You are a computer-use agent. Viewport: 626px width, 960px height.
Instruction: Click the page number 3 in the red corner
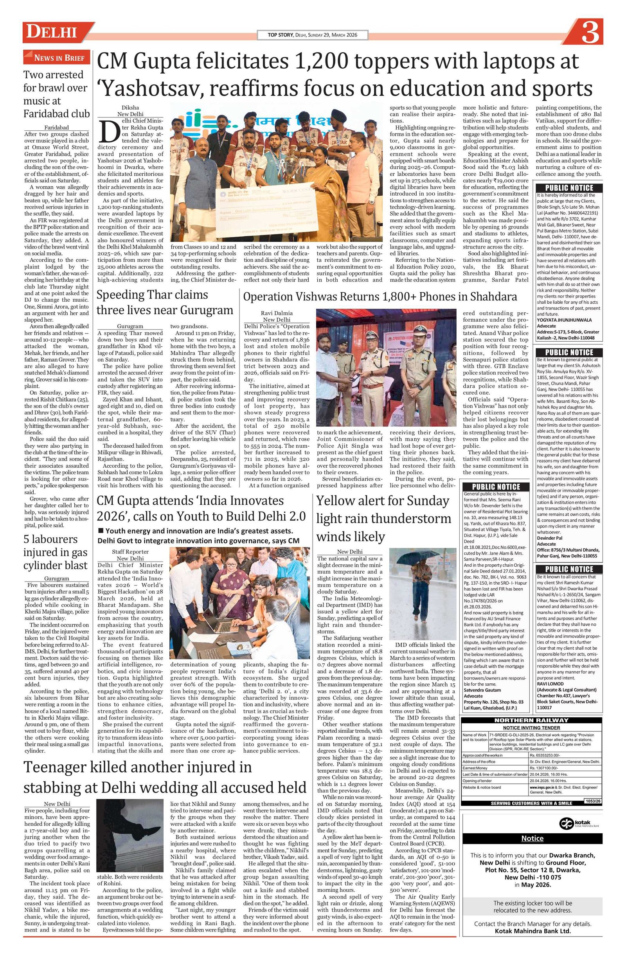[x=590, y=34]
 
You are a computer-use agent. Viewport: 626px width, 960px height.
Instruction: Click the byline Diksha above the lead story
[x=130, y=108]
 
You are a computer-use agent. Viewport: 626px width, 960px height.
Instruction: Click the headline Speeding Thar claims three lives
[x=165, y=302]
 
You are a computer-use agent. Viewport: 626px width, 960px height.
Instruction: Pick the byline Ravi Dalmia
[x=277, y=313]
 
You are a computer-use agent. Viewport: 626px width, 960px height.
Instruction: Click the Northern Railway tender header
[x=531, y=720]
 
